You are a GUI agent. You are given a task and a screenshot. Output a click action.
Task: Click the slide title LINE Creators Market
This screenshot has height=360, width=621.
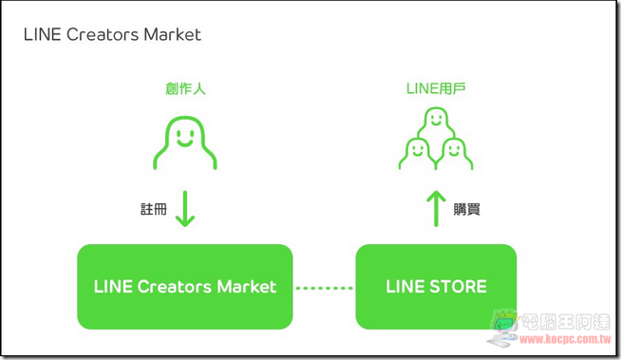[x=112, y=34]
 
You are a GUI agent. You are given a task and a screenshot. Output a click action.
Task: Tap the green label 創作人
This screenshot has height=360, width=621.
[x=185, y=88]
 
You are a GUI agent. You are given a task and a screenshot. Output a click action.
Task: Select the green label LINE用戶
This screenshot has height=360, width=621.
[x=436, y=88]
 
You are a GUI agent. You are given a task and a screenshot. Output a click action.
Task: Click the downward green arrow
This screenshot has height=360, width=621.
[x=185, y=209]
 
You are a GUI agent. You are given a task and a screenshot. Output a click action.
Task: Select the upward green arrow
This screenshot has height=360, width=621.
[x=436, y=209]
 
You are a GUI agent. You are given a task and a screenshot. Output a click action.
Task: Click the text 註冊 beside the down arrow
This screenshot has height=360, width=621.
[x=154, y=209]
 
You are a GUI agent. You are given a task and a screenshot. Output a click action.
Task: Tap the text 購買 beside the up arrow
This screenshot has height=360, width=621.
[x=467, y=209]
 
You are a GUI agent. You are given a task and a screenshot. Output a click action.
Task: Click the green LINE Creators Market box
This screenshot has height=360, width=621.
[x=185, y=287]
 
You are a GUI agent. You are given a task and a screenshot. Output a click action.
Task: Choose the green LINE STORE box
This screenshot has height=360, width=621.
[x=436, y=287]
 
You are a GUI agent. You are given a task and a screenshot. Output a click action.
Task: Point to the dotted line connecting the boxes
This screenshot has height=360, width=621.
[x=325, y=288]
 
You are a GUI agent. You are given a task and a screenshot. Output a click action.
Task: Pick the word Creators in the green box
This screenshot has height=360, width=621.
[x=175, y=287]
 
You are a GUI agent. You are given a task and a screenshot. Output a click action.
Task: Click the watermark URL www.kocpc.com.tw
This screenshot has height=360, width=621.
[x=565, y=339]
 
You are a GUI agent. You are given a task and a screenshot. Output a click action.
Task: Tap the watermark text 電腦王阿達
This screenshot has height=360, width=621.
[x=566, y=322]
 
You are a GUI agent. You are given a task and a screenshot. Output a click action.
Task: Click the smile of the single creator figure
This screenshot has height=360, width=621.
[x=185, y=142]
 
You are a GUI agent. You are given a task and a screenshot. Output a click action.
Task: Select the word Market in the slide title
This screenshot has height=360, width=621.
[x=172, y=34]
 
